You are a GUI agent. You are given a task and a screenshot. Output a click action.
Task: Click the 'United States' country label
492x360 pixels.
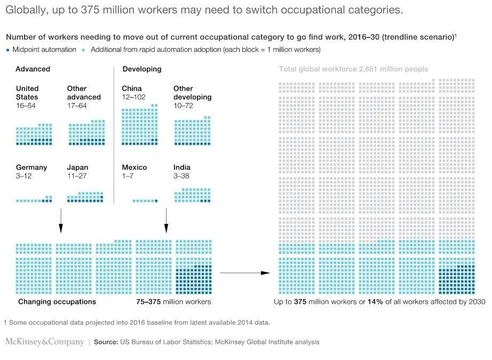pos(27,92)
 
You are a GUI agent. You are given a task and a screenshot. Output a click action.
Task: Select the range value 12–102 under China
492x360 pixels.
pos(133,97)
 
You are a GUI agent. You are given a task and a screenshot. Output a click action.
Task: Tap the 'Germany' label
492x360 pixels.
pos(31,167)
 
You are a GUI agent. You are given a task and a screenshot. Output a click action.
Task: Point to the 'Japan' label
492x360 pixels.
pos(78,167)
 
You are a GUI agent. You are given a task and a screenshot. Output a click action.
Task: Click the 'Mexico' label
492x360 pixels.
pos(133,167)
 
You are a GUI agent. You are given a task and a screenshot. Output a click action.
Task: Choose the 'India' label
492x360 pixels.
pos(182,167)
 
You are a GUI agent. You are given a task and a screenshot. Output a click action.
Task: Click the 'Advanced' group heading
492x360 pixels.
pos(33,69)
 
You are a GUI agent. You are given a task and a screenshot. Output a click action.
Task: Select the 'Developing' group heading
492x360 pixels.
pos(142,69)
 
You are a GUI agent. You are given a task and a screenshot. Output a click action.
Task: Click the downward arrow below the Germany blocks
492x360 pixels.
pos(60,220)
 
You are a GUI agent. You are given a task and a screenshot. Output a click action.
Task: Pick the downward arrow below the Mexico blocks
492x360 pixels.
pos(166,220)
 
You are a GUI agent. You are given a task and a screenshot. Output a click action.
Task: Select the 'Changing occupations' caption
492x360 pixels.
pos(57,302)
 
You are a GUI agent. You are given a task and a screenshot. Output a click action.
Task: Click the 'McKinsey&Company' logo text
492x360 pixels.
pos(44,342)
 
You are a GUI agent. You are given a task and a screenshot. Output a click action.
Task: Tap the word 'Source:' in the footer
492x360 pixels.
pos(106,342)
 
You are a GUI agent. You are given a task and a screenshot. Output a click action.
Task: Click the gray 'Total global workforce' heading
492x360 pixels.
pos(353,69)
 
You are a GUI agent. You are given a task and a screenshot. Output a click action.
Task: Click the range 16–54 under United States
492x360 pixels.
pos(26,106)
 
